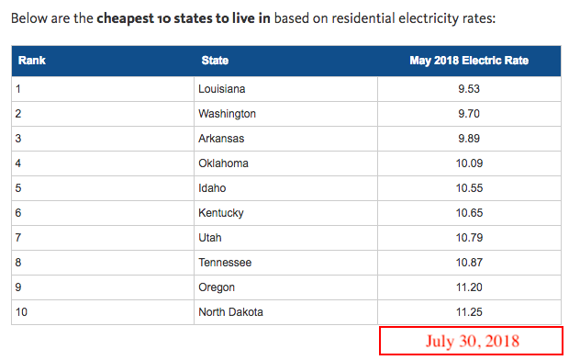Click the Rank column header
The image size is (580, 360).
[x=32, y=61]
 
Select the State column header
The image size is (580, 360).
[x=215, y=61]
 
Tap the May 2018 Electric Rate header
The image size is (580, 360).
[x=469, y=61]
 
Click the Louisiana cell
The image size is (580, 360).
[x=221, y=89]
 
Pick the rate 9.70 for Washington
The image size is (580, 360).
[x=469, y=114]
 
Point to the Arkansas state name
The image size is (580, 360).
[x=221, y=139]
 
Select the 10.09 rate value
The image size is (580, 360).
[x=469, y=163]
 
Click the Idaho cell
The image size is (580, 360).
[x=212, y=188]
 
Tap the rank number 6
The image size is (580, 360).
[x=18, y=213]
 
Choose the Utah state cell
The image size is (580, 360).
[x=210, y=238]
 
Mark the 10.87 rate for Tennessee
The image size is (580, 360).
[x=469, y=263]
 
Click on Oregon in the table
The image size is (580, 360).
[x=217, y=287]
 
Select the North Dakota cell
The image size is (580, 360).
[x=230, y=312]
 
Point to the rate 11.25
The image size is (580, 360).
[x=469, y=312]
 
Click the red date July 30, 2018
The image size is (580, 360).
[x=472, y=341]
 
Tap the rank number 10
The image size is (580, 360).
[x=21, y=312]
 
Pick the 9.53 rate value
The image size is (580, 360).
[x=469, y=89]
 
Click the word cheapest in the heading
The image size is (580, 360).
[x=125, y=18]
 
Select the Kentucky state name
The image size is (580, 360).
[x=221, y=213]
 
